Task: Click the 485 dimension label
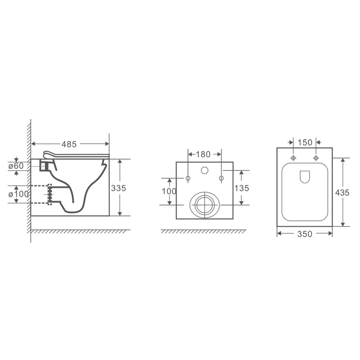(69, 144)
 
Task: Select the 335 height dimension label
(118, 188)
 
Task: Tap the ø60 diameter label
(16, 166)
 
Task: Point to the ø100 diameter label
(19, 194)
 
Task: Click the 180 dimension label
(203, 154)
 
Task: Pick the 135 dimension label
(242, 188)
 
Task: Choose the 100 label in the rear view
(169, 191)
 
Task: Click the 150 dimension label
(305, 143)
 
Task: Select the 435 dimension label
(342, 193)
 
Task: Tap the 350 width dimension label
(305, 234)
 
